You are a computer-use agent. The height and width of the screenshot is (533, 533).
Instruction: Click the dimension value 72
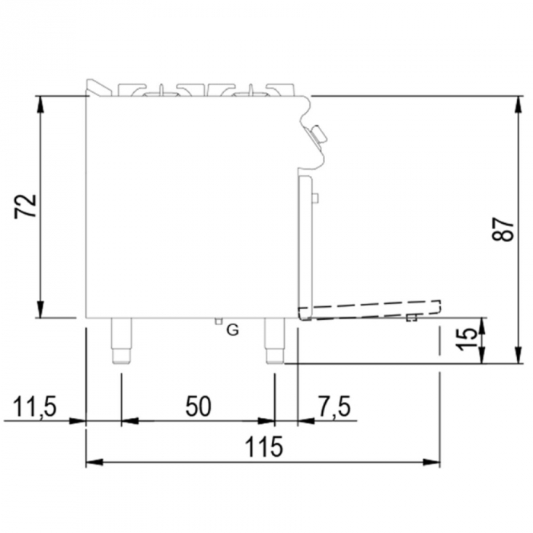(x=25, y=206)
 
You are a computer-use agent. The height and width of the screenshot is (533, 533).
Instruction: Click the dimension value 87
(x=503, y=229)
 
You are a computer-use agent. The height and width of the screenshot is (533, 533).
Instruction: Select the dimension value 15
(x=466, y=339)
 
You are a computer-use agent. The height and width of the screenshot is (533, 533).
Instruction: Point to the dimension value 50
(x=198, y=406)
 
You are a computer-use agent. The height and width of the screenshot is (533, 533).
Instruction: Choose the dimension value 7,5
(x=334, y=406)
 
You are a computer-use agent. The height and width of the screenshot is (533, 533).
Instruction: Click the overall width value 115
(x=263, y=446)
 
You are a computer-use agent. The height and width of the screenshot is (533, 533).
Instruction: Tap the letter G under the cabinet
(x=233, y=330)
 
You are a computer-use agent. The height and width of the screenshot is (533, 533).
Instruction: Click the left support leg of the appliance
(x=121, y=340)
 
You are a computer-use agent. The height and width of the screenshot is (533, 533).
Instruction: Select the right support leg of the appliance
(x=274, y=340)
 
